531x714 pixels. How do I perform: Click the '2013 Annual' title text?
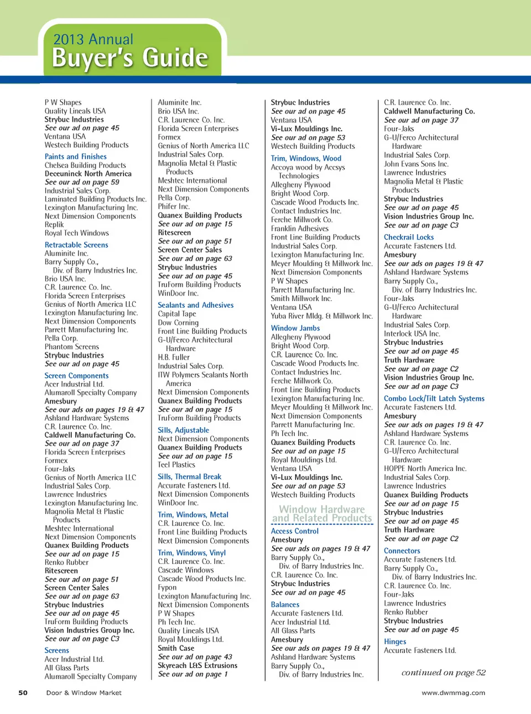pyautogui.click(x=93, y=39)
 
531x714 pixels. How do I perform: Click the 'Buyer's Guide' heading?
pyautogui.click(x=130, y=58)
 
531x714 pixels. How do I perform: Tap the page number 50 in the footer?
pyautogui.click(x=23, y=692)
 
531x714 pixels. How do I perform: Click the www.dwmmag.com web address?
pyautogui.click(x=453, y=692)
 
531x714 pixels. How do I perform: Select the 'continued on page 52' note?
pyautogui.click(x=443, y=672)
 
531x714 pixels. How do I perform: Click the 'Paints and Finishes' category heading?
pyautogui.click(x=76, y=157)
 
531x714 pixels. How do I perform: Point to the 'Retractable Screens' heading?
pyautogui.click(x=76, y=245)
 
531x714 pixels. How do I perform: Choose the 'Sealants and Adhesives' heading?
pyautogui.click(x=196, y=305)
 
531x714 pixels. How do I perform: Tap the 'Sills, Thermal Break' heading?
pyautogui.click(x=189, y=477)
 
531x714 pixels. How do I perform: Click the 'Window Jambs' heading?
pyautogui.click(x=295, y=328)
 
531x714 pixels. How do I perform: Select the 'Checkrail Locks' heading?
pyautogui.click(x=409, y=237)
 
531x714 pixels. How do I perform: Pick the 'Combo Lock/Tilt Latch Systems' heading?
pyautogui.click(x=434, y=399)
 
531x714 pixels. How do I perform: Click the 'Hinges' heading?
pyautogui.click(x=395, y=641)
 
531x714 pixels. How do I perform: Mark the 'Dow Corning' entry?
pyautogui.click(x=178, y=323)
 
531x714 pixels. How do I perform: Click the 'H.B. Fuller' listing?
pyautogui.click(x=174, y=358)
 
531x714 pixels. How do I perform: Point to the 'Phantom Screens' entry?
pyautogui.click(x=72, y=347)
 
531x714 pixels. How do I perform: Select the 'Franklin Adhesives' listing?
pyautogui.click(x=300, y=229)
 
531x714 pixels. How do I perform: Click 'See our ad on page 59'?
pyautogui.click(x=82, y=182)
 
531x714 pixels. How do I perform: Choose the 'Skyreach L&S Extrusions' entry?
pyautogui.click(x=197, y=665)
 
